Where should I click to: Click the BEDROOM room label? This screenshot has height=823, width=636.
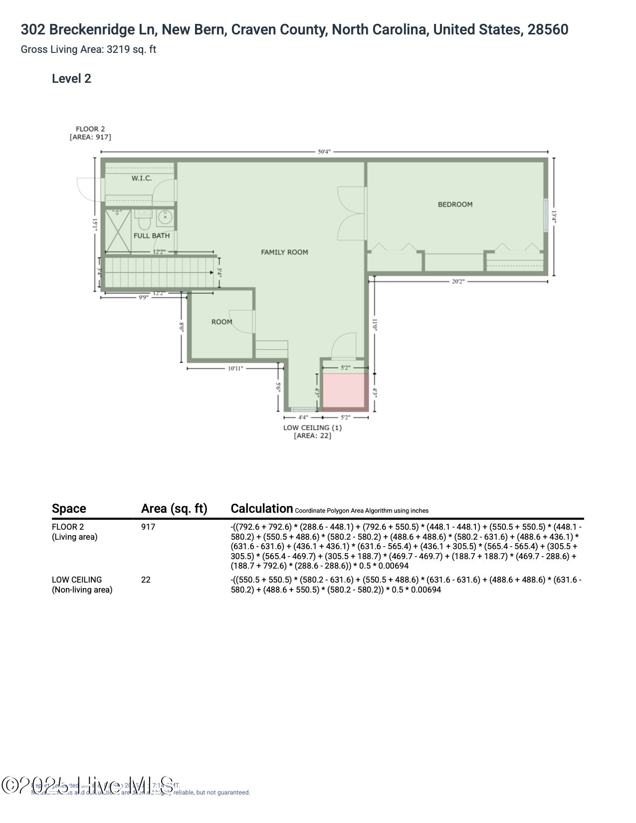(x=455, y=205)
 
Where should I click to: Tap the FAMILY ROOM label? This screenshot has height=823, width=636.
(x=284, y=252)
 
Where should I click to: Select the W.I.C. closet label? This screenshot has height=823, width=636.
(x=142, y=179)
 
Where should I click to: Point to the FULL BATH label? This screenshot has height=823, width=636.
(x=152, y=235)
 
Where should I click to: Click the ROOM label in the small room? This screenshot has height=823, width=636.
(x=222, y=322)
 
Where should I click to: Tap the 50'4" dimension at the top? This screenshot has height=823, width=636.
(x=324, y=152)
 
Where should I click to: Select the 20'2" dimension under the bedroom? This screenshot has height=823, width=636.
(x=458, y=281)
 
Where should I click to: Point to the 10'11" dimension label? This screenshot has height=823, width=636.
(x=235, y=369)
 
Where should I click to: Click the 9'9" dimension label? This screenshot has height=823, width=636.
(x=143, y=297)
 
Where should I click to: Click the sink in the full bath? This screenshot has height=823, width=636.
(x=165, y=217)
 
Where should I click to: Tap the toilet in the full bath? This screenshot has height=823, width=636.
(x=144, y=218)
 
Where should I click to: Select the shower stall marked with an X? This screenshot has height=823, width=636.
(x=117, y=231)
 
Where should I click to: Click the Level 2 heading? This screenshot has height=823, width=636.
(x=71, y=79)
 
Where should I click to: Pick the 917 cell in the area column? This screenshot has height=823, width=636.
(x=148, y=527)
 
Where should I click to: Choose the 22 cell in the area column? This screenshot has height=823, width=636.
(x=146, y=580)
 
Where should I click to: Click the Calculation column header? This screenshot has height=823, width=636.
(x=261, y=509)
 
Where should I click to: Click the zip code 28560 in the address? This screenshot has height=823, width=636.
(x=548, y=30)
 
